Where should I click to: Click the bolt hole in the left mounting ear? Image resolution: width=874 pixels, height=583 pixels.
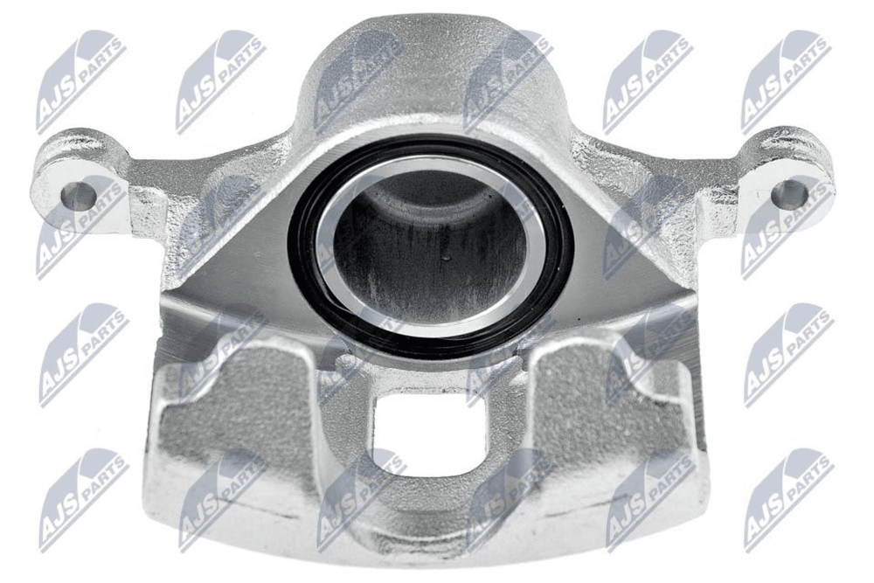[78, 196]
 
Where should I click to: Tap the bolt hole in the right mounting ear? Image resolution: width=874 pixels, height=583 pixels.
[789, 191]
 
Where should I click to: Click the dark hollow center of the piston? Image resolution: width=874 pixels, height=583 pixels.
[429, 246]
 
